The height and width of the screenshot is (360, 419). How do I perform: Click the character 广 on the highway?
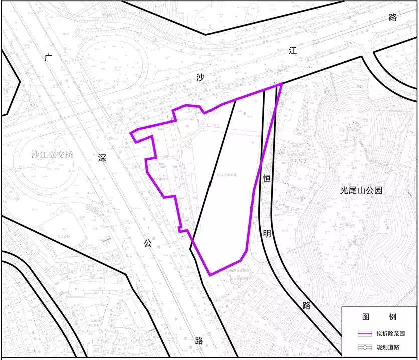[48, 58]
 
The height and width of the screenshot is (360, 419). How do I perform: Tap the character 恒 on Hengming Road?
[267, 177]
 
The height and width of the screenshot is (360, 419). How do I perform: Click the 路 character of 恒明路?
[306, 305]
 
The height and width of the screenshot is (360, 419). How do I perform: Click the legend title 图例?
[379, 317]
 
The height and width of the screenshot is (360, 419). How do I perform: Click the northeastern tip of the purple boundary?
[282, 83]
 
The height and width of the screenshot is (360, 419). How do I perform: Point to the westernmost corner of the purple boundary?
[131, 133]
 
